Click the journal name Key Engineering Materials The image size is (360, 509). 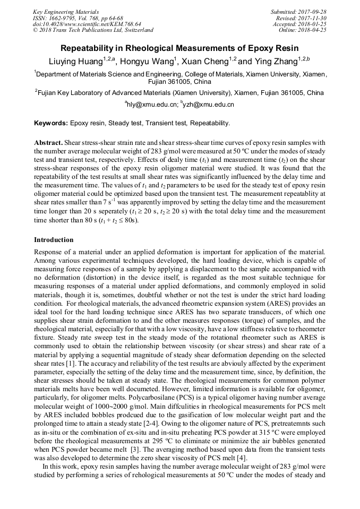click(x=65, y=11)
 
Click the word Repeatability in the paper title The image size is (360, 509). click(x=91, y=48)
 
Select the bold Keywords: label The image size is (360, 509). click(x=51, y=123)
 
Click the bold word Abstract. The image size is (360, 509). click(x=48, y=143)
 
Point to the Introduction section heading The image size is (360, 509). click(x=54, y=239)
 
